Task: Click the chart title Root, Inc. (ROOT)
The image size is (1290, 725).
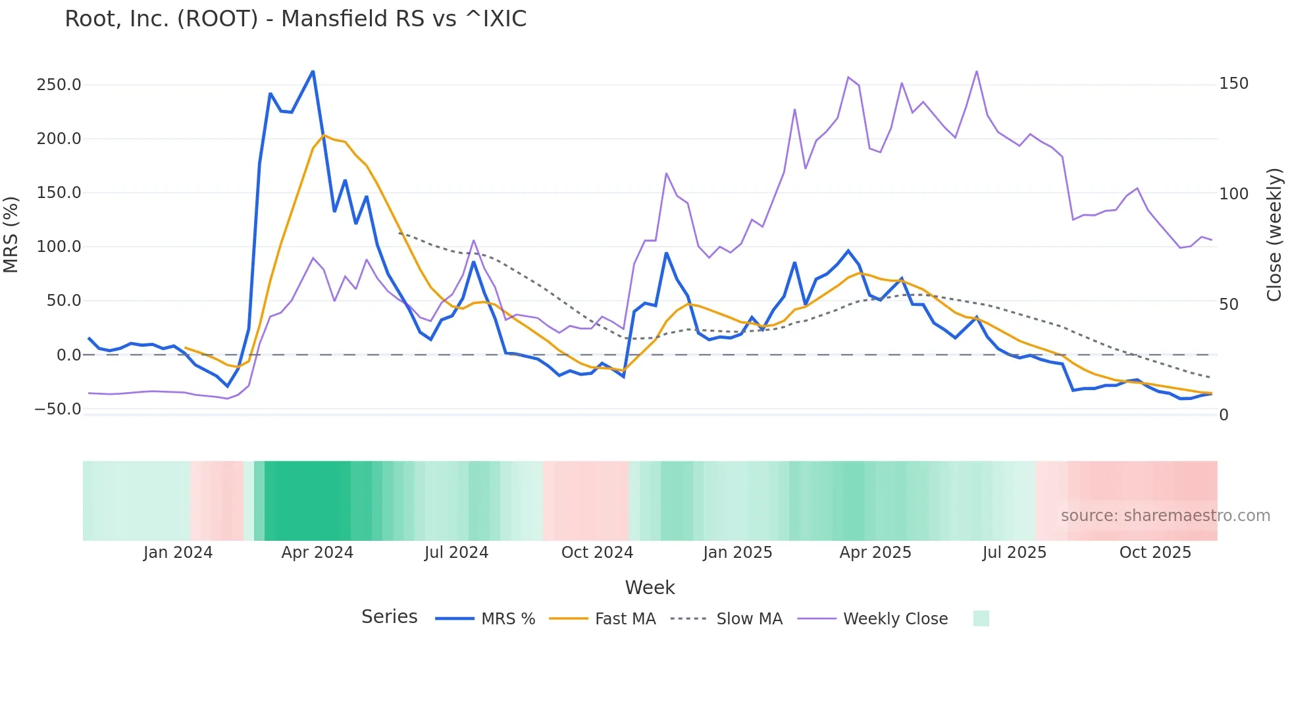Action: click(x=296, y=19)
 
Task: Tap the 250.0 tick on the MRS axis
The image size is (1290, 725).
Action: click(x=59, y=85)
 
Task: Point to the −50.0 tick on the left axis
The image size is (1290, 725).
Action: click(x=58, y=409)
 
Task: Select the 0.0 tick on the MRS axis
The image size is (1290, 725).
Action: click(x=68, y=355)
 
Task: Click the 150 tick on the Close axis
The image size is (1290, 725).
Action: click(x=1233, y=84)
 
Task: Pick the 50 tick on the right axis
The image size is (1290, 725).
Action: click(x=1228, y=305)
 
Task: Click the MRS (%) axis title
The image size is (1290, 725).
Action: click(x=11, y=235)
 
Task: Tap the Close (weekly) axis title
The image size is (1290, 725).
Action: click(x=1274, y=235)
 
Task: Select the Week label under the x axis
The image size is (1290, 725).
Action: click(x=650, y=587)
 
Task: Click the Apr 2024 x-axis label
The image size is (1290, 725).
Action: click(x=317, y=553)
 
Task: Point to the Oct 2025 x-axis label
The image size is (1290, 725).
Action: click(x=1155, y=553)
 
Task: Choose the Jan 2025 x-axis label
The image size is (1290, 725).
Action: click(x=737, y=553)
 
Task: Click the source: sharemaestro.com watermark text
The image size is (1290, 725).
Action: click(x=1165, y=516)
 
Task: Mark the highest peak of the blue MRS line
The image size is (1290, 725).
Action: click(x=313, y=71)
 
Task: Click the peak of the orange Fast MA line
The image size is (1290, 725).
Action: click(x=324, y=136)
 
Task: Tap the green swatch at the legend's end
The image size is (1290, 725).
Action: click(x=981, y=618)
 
